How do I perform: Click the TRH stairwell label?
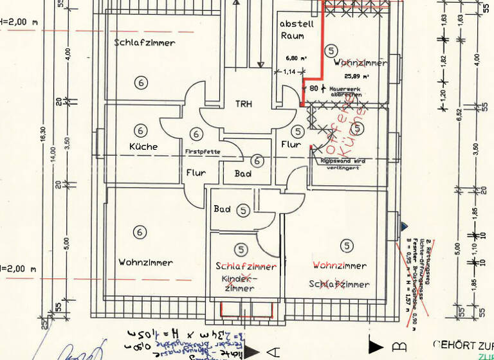(x=243, y=104)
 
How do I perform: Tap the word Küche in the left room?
(x=143, y=147)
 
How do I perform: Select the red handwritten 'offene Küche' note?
(x=345, y=126)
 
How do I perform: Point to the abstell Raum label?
(x=297, y=30)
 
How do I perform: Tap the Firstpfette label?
(x=203, y=152)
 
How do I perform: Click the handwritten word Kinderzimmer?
(x=239, y=284)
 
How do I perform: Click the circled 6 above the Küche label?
(x=140, y=127)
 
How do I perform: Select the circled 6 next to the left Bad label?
(x=257, y=161)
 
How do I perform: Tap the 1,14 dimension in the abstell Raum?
(x=289, y=71)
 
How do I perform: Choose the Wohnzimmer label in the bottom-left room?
(x=145, y=262)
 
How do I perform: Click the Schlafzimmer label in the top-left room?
(x=145, y=43)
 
